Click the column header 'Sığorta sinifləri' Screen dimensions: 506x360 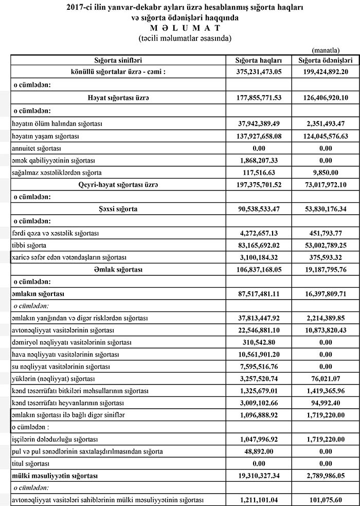pyautogui.click(x=118, y=60)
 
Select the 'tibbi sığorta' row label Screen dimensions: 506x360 pyautogui.click(x=29, y=245)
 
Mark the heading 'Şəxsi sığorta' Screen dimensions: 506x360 pyautogui.click(x=118, y=208)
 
